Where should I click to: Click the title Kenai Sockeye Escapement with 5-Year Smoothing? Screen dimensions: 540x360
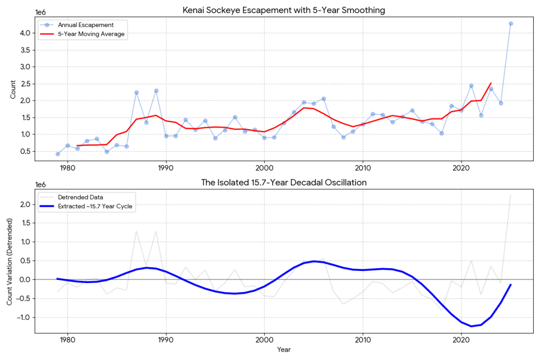284,11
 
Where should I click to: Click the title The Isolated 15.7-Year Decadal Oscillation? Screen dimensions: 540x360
284,182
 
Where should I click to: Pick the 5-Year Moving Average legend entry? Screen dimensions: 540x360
82,34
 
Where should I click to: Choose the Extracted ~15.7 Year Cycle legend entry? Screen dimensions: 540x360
86,207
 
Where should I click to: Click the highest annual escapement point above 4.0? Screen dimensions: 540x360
510,24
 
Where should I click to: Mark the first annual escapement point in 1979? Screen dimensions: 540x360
58,154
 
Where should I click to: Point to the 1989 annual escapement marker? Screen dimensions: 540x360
156,91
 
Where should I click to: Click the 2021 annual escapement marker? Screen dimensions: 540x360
471,86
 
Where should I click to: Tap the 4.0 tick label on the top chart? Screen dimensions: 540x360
25,33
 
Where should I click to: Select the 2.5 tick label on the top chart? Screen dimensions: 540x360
25,84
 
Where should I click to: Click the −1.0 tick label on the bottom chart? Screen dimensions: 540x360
23,317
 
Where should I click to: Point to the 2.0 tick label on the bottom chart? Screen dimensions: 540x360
25,205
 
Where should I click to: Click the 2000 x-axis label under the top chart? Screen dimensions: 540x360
265,168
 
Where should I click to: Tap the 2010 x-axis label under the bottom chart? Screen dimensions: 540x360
363,340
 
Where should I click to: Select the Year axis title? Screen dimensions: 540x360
284,349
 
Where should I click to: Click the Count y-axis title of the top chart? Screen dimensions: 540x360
13,90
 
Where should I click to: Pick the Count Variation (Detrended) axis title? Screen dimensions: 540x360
9,261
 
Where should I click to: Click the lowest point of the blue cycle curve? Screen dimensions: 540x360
471,326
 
